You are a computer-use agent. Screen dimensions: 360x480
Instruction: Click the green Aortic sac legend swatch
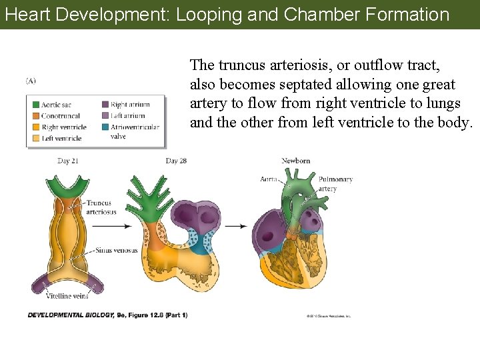33,105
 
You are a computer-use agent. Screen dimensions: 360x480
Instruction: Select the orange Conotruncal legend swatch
33,116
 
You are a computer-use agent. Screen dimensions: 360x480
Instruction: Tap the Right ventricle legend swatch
33,127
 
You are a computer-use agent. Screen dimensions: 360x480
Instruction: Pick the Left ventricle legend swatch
33,138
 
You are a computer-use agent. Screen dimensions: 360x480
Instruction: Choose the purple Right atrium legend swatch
105,105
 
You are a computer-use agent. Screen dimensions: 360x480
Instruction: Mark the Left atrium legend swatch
105,116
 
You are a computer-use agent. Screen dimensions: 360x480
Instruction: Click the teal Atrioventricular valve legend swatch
105,127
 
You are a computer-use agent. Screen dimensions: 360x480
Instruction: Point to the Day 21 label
69,161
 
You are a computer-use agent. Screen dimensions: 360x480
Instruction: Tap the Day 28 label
176,161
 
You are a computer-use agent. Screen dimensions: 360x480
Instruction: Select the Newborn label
295,161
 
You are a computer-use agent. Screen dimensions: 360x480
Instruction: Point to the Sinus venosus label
117,251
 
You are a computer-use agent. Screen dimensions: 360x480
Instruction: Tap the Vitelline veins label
67,296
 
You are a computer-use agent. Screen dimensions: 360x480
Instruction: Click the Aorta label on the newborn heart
269,179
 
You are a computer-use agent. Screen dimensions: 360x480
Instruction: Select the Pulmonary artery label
335,184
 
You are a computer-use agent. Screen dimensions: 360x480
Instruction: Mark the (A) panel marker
31,81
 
